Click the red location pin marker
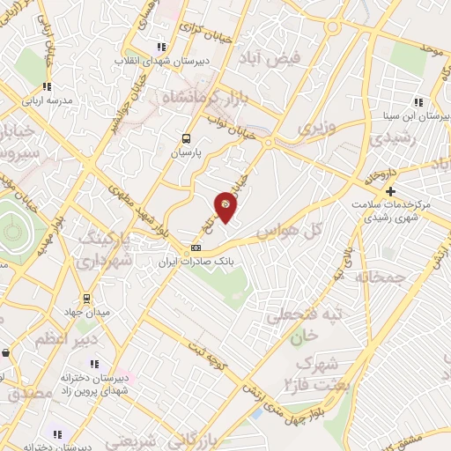point(226,206)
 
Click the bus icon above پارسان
point(185,137)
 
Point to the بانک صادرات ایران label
point(195,262)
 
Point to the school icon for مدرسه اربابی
point(46,87)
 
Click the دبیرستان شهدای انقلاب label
point(161,62)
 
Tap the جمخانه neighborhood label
point(381,277)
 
